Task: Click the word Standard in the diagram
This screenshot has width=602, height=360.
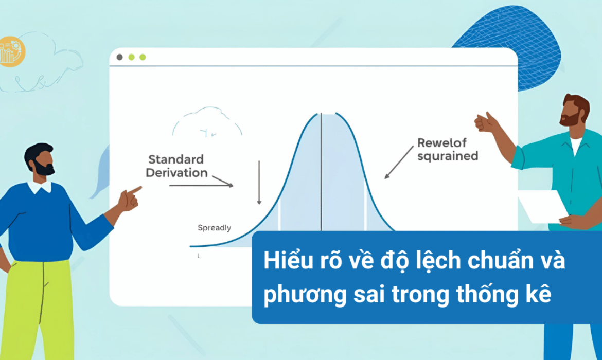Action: point(176,159)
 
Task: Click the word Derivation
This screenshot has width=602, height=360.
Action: point(176,173)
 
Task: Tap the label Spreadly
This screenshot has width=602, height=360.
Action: point(214,228)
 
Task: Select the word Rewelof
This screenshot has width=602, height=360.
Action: point(442,143)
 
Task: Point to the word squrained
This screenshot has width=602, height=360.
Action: point(448,156)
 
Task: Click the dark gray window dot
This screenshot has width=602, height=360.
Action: point(120,57)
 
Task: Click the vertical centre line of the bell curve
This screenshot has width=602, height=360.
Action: point(322,172)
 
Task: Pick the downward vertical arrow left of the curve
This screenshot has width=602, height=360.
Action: point(259,182)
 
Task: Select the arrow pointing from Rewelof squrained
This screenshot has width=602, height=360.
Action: point(399,163)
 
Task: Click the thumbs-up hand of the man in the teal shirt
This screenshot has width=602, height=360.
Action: point(485,122)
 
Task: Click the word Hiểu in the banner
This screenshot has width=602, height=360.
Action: point(282,261)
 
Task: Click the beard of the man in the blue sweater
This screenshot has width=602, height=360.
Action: point(44,168)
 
